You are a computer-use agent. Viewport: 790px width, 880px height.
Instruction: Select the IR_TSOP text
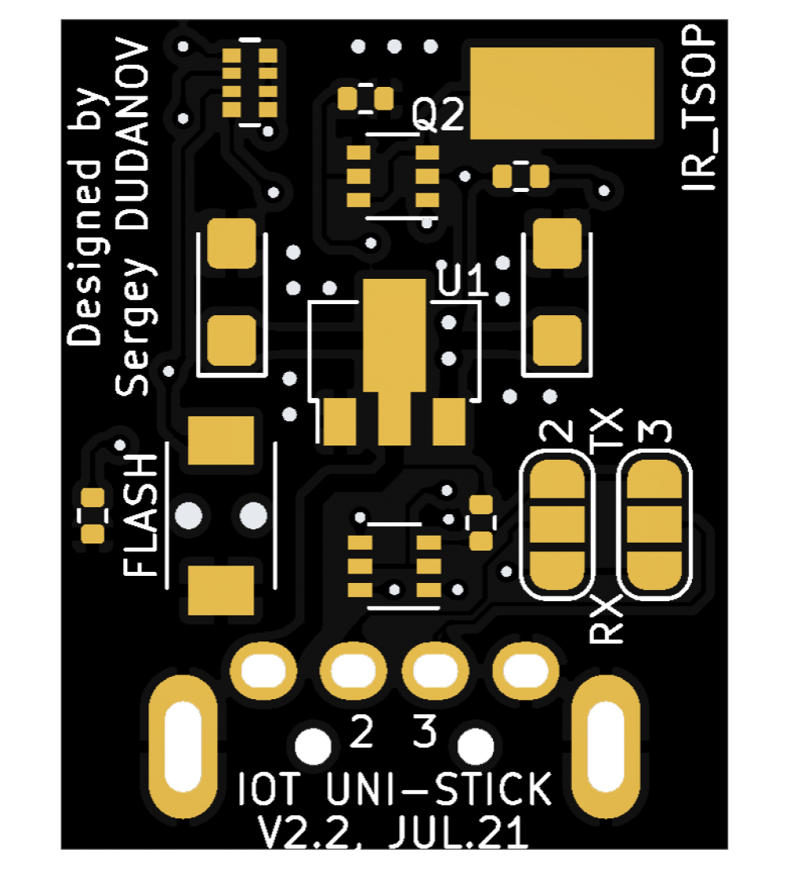pyautogui.click(x=699, y=111)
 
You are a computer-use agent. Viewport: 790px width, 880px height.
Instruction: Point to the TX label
pyautogui.click(x=608, y=430)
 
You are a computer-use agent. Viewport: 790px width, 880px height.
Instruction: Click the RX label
pyautogui.click(x=607, y=620)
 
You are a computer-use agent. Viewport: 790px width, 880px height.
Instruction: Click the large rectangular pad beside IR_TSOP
pyautogui.click(x=562, y=93)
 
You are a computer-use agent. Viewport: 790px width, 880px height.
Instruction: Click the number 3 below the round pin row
pyautogui.click(x=425, y=732)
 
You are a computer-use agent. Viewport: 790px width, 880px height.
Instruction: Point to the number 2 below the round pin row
pyautogui.click(x=362, y=732)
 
